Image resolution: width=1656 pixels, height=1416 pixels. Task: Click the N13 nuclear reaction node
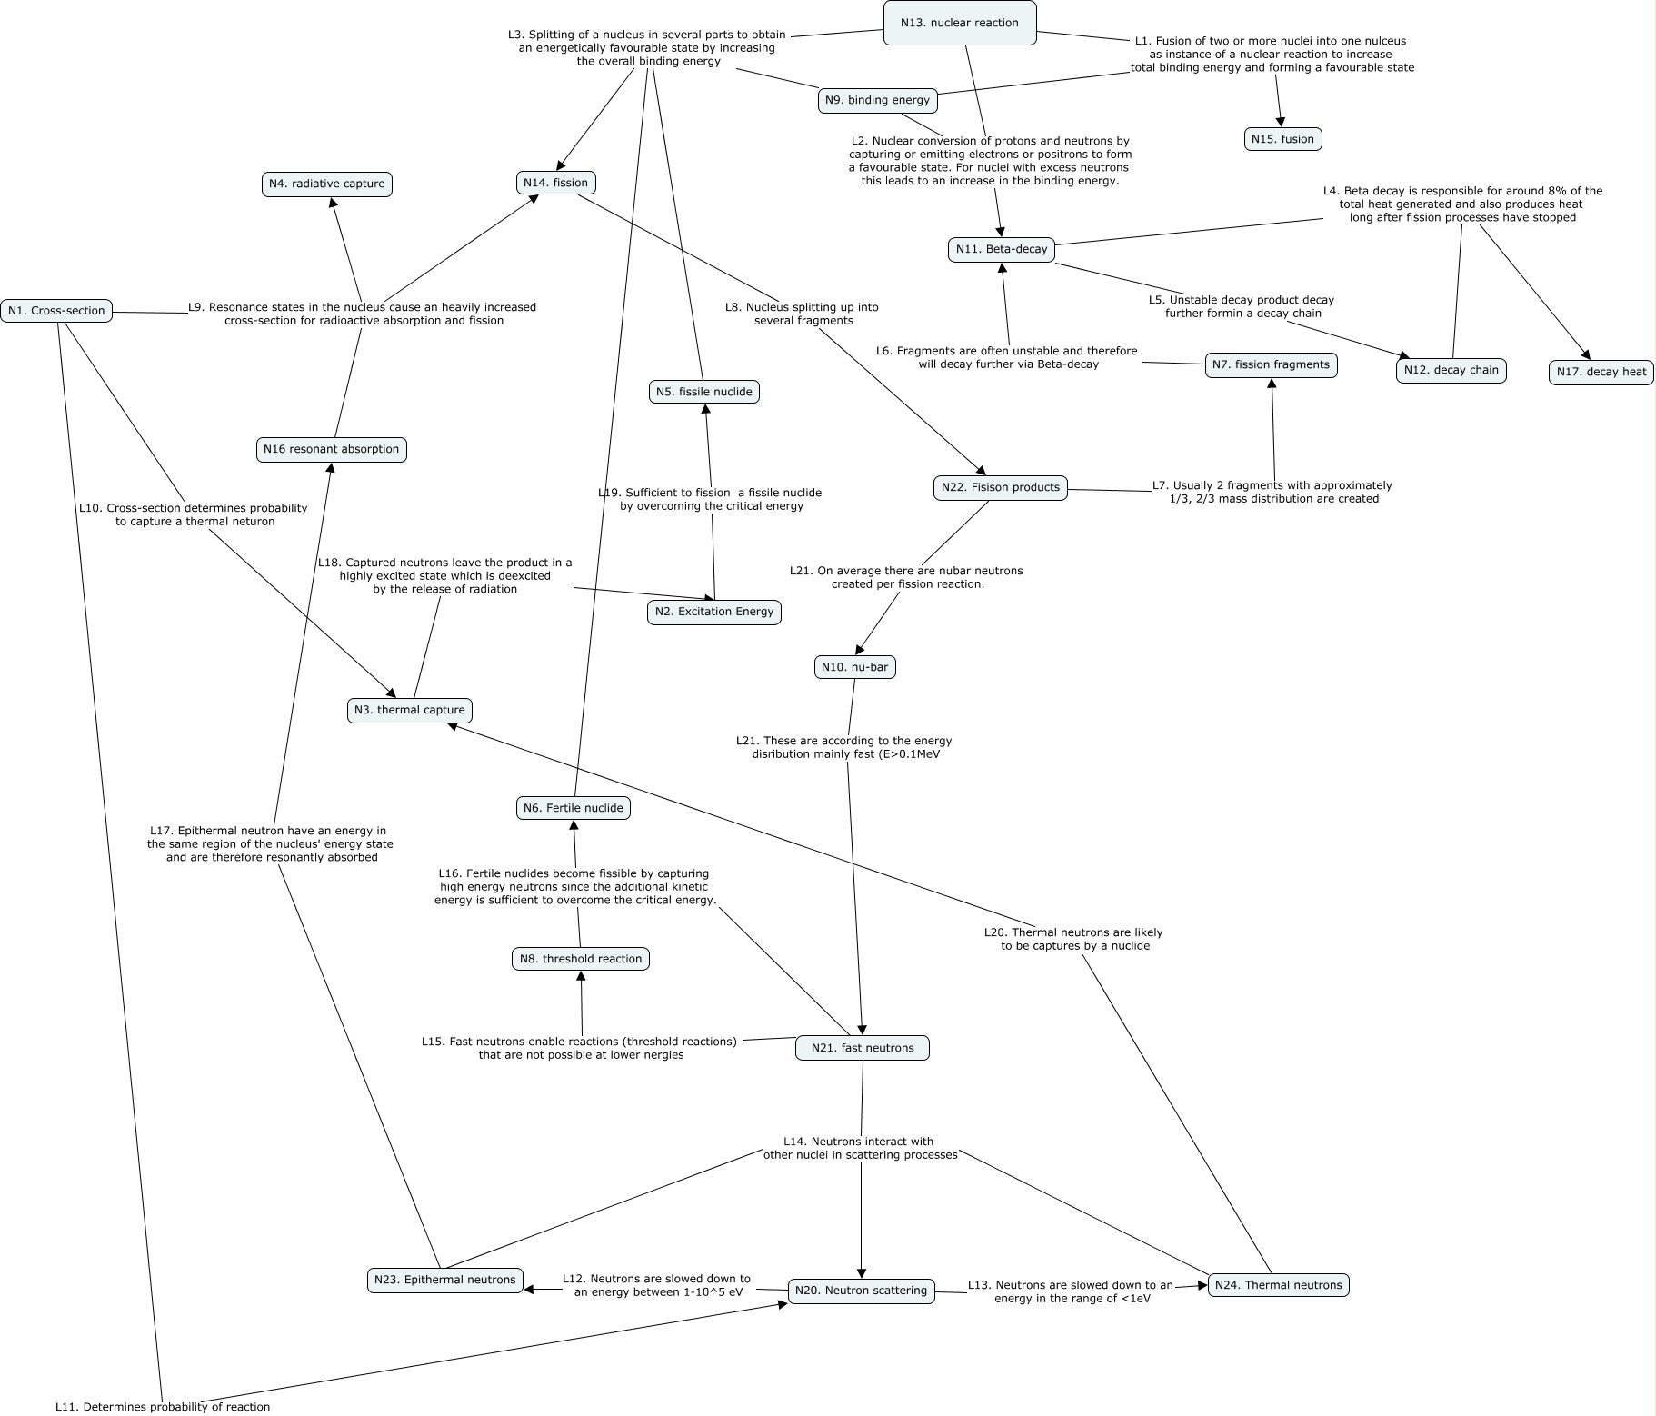point(960,23)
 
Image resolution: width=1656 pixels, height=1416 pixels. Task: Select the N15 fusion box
point(1282,139)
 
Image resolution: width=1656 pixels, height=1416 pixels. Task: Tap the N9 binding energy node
point(877,100)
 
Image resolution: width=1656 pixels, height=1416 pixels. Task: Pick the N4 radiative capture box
point(326,184)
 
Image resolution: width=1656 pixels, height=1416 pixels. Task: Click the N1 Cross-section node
point(56,311)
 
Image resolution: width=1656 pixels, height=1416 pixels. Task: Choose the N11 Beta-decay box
point(1001,249)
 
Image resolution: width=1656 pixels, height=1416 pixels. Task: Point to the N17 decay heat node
point(1601,372)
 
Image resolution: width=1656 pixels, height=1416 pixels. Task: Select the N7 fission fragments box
point(1271,365)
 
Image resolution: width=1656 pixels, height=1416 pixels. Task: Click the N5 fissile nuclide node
point(703,392)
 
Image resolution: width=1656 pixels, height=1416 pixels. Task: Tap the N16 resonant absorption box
point(331,449)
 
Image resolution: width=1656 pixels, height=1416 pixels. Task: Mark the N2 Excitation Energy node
point(713,612)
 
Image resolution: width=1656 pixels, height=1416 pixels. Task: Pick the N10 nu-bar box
point(854,667)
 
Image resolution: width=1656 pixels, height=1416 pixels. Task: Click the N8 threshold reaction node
point(580,959)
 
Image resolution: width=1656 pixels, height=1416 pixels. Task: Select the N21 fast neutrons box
point(862,1048)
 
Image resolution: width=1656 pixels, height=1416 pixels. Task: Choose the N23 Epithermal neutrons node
point(444,1280)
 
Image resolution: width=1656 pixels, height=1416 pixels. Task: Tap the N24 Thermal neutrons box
point(1278,1285)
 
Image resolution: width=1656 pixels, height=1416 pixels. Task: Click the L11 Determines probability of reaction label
point(163,1407)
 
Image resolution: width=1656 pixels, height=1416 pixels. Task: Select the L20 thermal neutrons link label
point(1072,939)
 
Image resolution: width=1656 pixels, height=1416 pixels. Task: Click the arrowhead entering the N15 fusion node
point(1281,122)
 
